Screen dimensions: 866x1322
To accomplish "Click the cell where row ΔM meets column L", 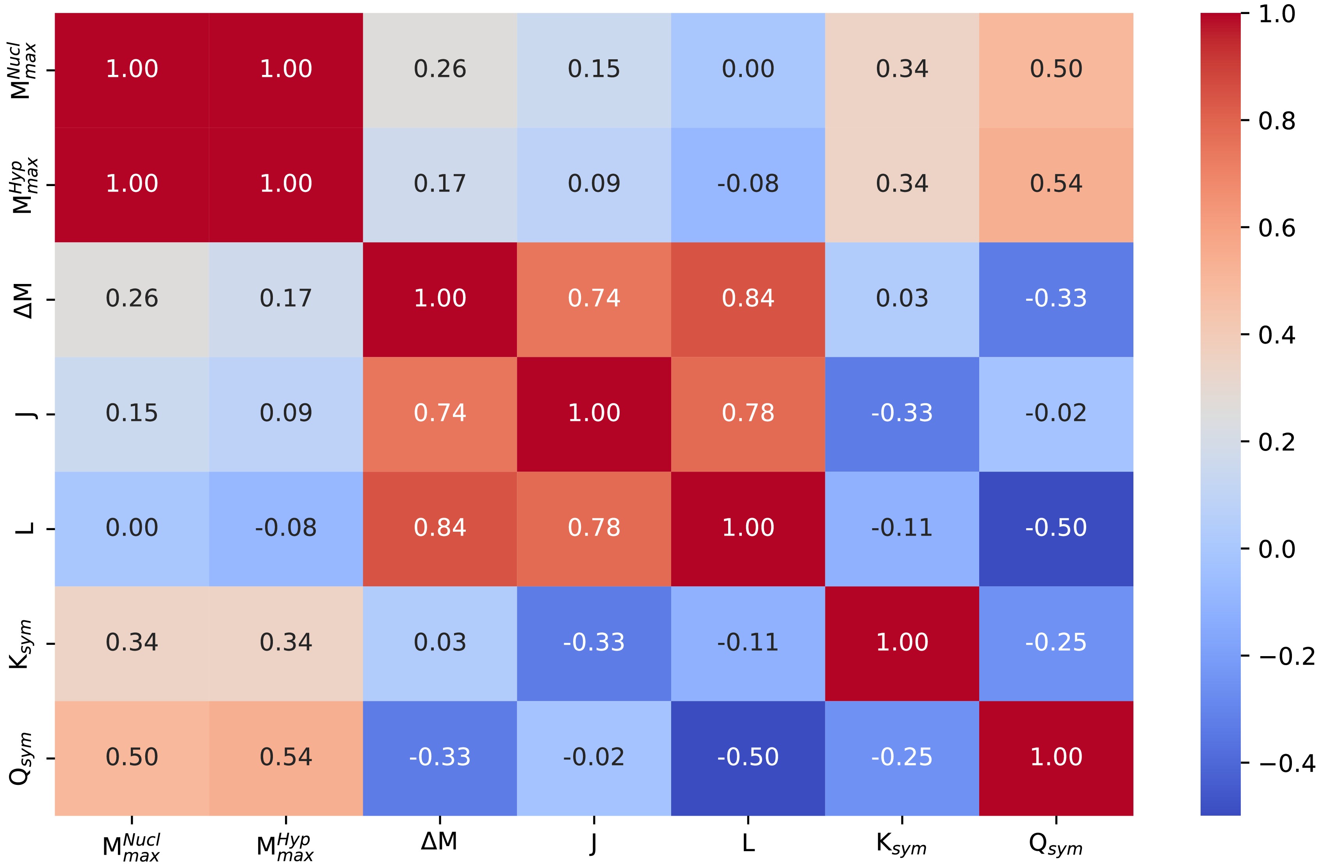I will (x=748, y=299).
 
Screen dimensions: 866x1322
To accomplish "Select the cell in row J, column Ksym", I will (x=902, y=413).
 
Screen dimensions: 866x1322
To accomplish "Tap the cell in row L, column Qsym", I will (x=1055, y=528).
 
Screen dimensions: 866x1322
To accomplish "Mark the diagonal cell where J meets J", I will (x=594, y=413).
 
